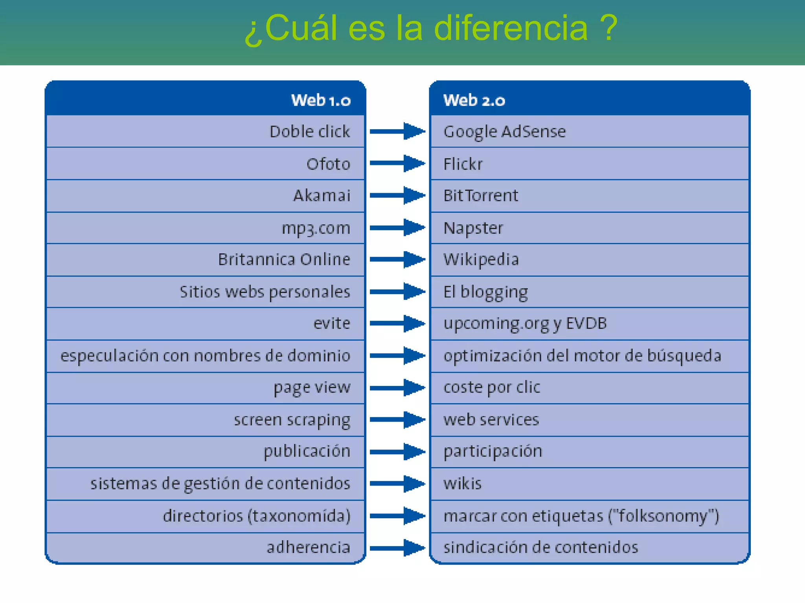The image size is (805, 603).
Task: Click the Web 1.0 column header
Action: point(320,100)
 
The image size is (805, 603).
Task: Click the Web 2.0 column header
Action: point(474,100)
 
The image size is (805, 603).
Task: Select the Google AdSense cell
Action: point(504,132)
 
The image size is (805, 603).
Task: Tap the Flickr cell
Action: point(463,164)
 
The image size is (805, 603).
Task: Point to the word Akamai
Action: point(322,196)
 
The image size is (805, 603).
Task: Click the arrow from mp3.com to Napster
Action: point(397,228)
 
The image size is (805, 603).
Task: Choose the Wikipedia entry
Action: point(481,259)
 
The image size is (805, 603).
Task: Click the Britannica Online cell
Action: point(284,259)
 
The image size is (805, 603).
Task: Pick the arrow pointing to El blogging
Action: point(397,291)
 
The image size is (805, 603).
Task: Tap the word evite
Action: point(331,323)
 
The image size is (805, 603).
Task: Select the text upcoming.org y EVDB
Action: point(525,323)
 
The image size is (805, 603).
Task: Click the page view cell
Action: point(312,387)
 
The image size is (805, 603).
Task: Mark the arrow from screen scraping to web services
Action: point(397,419)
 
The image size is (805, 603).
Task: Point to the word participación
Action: point(493,451)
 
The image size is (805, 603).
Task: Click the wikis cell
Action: point(462,483)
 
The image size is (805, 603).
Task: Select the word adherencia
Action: point(308,547)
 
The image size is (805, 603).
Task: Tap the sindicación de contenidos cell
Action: point(540,547)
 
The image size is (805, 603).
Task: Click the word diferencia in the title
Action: point(511,28)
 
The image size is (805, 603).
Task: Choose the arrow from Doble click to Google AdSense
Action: point(397,132)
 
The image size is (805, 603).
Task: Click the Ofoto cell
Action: point(328,164)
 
